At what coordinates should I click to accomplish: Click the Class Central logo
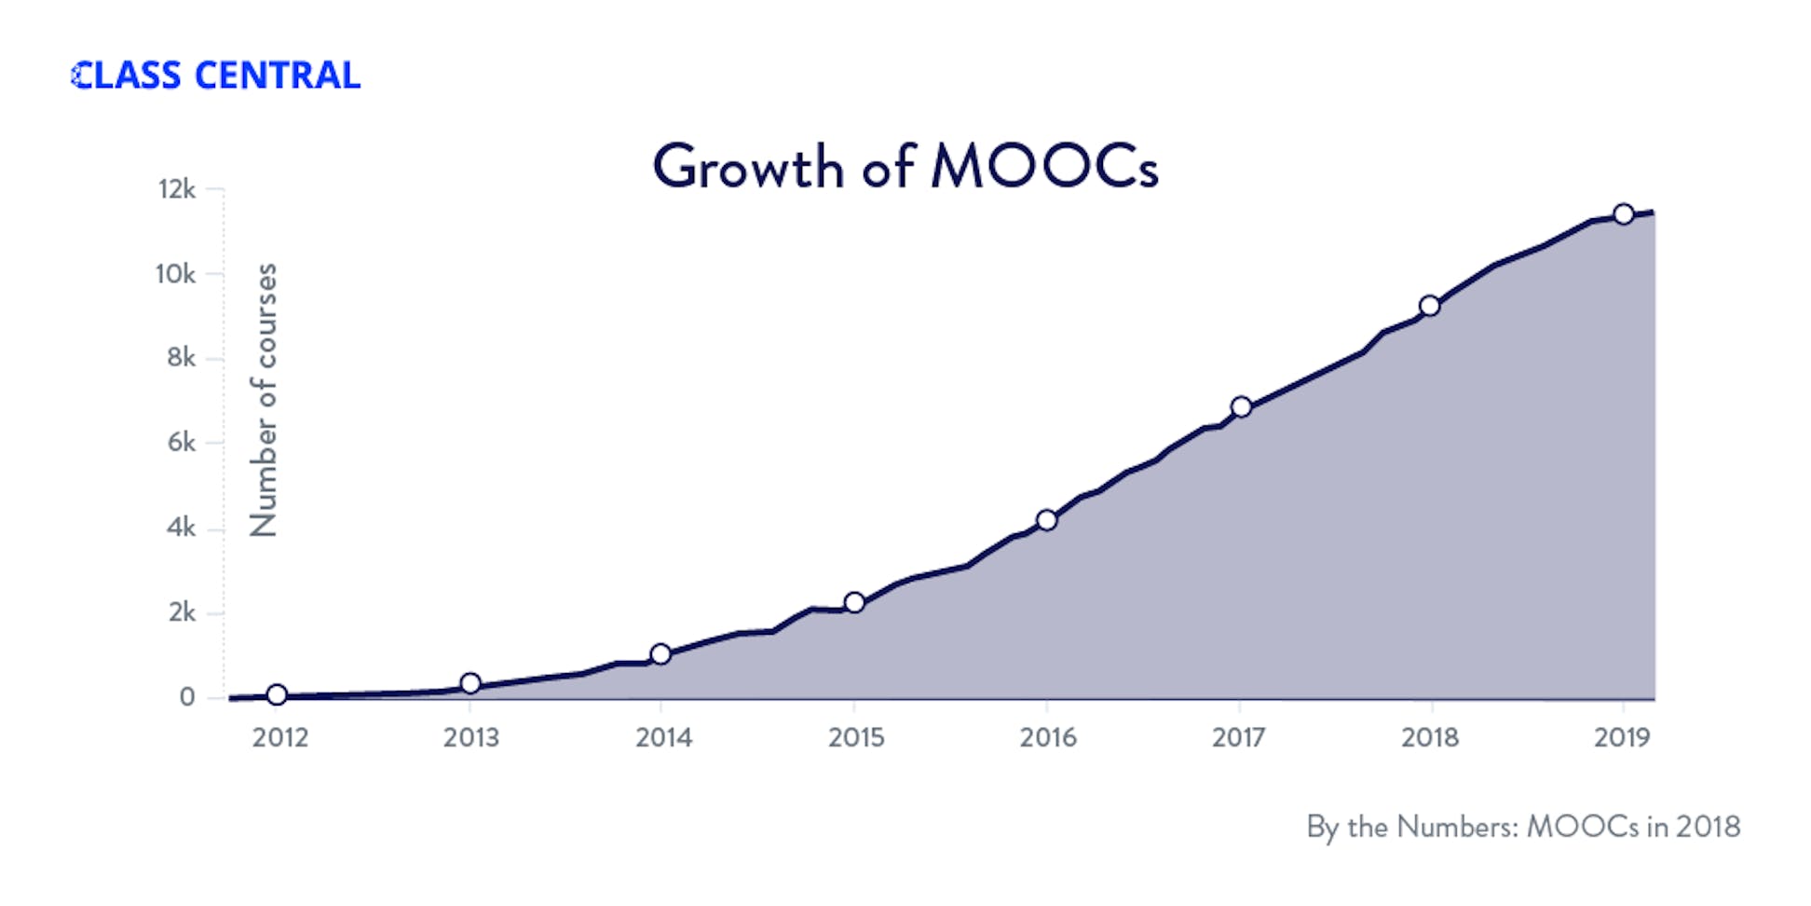215,75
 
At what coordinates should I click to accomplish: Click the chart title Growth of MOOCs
905,167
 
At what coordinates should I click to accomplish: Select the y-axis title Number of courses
264,400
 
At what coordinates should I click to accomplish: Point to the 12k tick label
177,189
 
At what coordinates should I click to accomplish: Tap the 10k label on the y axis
175,274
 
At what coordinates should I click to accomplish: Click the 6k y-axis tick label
181,442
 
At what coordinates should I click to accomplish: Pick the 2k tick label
182,612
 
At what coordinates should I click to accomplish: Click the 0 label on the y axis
187,697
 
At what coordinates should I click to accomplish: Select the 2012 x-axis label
279,737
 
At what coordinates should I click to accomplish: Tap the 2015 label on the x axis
855,737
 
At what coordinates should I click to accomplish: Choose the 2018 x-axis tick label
1429,737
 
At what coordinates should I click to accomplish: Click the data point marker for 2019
1623,214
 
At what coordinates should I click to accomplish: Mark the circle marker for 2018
1429,306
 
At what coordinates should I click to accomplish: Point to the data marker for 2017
1241,406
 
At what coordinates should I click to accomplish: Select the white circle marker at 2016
1046,520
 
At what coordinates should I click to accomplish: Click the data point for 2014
660,653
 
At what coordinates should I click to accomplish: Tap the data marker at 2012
277,694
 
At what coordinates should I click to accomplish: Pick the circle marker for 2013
470,683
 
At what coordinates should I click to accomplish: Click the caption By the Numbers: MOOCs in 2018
1522,827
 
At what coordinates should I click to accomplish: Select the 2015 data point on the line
854,602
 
